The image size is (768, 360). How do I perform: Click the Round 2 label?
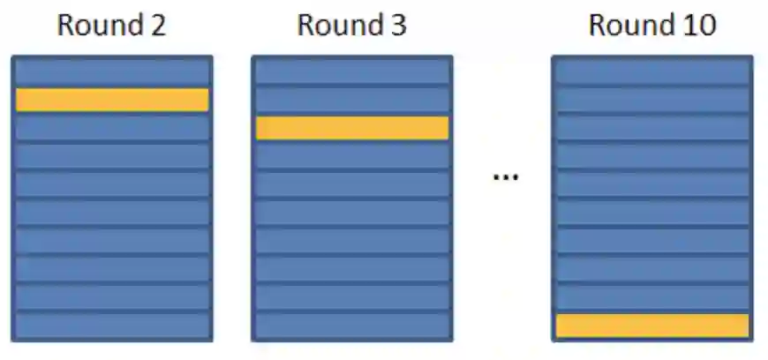(112, 25)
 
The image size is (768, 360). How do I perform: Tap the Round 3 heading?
(351, 25)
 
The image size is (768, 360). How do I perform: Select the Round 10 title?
(651, 25)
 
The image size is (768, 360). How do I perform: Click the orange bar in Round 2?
(112, 100)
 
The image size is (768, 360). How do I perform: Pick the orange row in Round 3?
(352, 128)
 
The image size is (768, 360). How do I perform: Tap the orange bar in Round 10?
(652, 326)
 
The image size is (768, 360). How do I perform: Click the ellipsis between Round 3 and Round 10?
(505, 176)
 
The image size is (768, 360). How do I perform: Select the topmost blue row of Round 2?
(112, 71)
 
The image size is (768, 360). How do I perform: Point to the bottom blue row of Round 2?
(112, 326)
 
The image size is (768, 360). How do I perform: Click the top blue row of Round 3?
(352, 71)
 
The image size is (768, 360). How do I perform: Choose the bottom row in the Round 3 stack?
(352, 326)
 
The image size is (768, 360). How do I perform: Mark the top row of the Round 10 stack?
(652, 71)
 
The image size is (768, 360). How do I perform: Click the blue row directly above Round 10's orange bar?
(652, 297)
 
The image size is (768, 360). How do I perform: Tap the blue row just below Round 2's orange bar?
(112, 128)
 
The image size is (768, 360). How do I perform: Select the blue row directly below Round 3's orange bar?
(352, 156)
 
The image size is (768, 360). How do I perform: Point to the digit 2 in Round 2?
(157, 25)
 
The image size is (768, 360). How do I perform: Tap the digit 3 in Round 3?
(397, 25)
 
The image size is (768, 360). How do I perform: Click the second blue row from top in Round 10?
(652, 100)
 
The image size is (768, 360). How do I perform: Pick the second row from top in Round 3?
(352, 100)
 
